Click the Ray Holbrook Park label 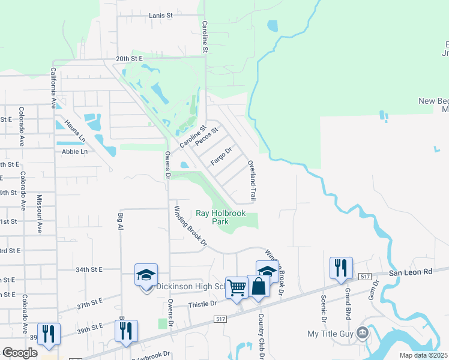click(221, 217)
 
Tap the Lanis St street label click(161, 14)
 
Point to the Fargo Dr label click(221, 157)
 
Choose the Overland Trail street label click(253, 180)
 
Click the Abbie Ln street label click(74, 152)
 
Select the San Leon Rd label click(411, 272)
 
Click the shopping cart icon click(237, 288)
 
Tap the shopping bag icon click(258, 286)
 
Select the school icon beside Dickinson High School click(146, 275)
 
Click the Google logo click(19, 353)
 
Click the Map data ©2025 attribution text click(424, 355)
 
